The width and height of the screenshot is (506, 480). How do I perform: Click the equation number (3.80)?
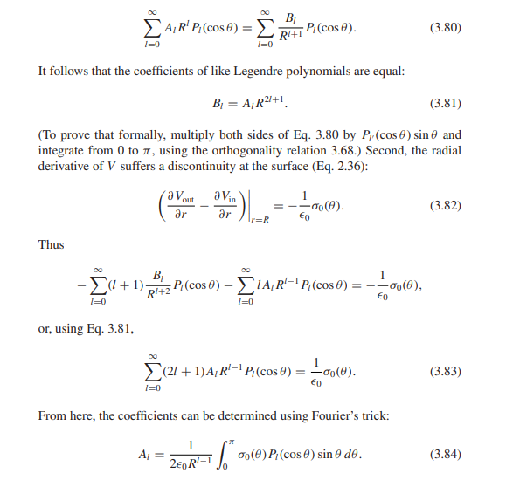click(x=447, y=27)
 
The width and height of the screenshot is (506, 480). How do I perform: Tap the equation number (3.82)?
click(x=447, y=206)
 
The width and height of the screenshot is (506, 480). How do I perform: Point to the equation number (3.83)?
click(x=447, y=371)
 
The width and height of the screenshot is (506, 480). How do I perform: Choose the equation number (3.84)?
click(x=447, y=455)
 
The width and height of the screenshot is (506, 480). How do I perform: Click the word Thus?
click(x=52, y=245)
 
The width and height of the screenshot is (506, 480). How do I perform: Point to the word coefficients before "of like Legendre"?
click(x=178, y=70)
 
